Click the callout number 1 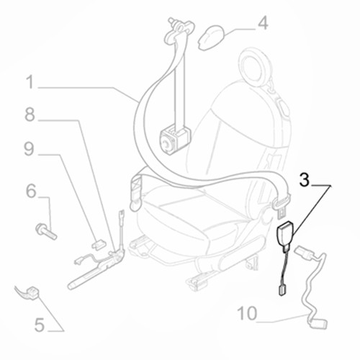tap(30, 82)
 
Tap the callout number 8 tap(30, 114)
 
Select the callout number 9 tap(29, 149)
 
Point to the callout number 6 tap(31, 191)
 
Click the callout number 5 tap(40, 325)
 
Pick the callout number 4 tap(263, 23)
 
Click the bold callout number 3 tap(305, 180)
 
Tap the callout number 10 tap(247, 313)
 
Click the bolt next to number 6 tap(46, 231)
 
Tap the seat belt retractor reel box tap(174, 140)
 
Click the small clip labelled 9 tap(99, 244)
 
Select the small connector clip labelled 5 tap(32, 293)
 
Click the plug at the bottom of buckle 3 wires tap(282, 290)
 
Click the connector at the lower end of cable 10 tap(318, 324)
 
